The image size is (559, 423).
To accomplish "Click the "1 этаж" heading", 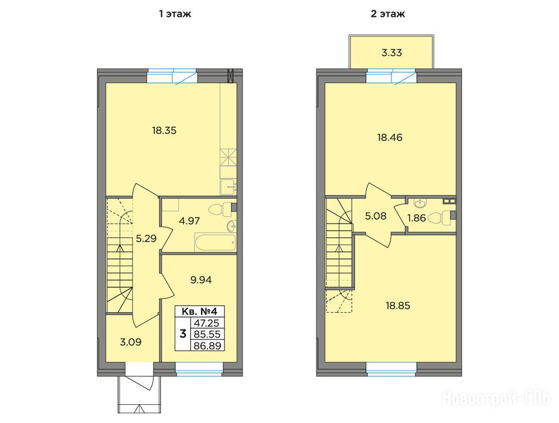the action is [x=175, y=14].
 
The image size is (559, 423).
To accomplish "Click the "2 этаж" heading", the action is [x=388, y=14].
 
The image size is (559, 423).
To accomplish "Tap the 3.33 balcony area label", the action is [x=392, y=53].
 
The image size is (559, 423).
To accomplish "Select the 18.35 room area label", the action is [x=164, y=131].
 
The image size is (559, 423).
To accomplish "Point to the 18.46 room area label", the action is [x=390, y=138].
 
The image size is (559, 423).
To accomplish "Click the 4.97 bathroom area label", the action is [x=189, y=221].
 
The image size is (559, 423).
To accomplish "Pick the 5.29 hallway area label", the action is [x=146, y=238].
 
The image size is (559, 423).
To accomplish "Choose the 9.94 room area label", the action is [x=201, y=280].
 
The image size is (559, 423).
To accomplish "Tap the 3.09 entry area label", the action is [x=131, y=342].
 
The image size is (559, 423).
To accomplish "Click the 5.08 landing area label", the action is [x=376, y=216].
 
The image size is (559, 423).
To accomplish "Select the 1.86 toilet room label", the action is [x=416, y=218].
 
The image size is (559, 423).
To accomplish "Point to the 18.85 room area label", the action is [x=398, y=306].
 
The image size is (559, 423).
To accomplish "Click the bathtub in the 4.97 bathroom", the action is [x=215, y=242].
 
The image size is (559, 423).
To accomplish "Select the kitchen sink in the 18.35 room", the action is [x=228, y=187].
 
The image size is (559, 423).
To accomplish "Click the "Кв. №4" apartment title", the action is [x=199, y=311].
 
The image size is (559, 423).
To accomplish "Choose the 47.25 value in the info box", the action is [x=207, y=323].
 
